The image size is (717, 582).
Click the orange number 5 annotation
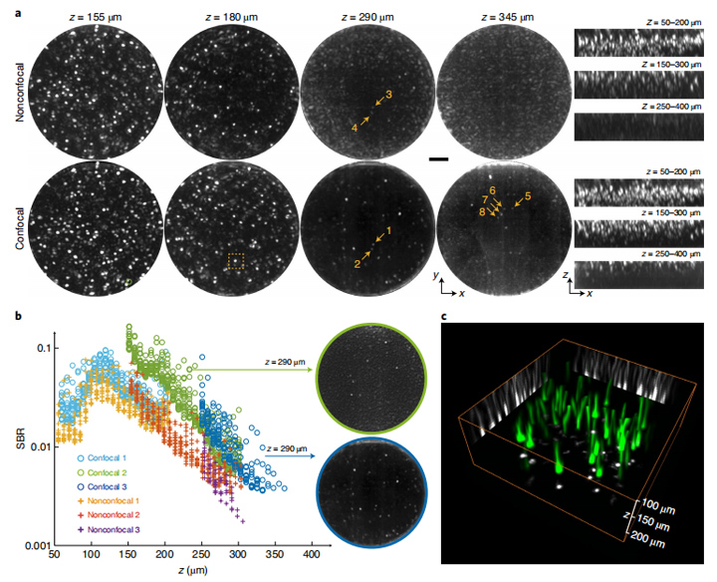coord(528,196)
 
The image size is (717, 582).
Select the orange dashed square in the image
coord(236,261)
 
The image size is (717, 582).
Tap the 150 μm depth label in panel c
coord(651,522)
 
